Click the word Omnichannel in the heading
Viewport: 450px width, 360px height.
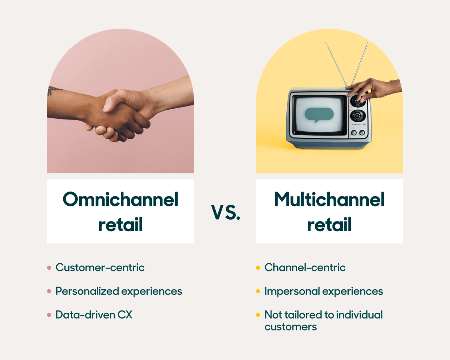pyautogui.click(x=120, y=199)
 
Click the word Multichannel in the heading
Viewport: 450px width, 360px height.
pyautogui.click(x=329, y=199)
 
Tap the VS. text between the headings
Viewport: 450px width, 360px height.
pyautogui.click(x=226, y=213)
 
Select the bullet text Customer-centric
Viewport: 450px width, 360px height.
pyautogui.click(x=100, y=268)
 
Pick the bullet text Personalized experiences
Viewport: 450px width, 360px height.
pyautogui.click(x=119, y=291)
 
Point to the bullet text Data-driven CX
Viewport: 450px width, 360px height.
pyautogui.click(x=94, y=315)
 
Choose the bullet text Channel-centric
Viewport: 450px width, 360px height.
pyautogui.click(x=305, y=268)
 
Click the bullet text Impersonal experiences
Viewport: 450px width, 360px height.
pyautogui.click(x=324, y=291)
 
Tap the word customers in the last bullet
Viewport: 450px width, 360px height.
pyautogui.click(x=291, y=327)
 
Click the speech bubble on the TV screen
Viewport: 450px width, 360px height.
pyautogui.click(x=319, y=115)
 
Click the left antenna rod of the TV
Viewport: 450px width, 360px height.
pyautogui.click(x=336, y=63)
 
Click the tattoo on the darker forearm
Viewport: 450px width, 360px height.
pyautogui.click(x=52, y=90)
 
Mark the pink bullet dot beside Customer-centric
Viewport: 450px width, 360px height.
pyautogui.click(x=49, y=268)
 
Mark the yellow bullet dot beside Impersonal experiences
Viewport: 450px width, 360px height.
pyautogui.click(x=258, y=291)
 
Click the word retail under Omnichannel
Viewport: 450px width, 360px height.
pyautogui.click(x=120, y=225)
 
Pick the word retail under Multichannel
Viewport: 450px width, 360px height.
pyautogui.click(x=329, y=225)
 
